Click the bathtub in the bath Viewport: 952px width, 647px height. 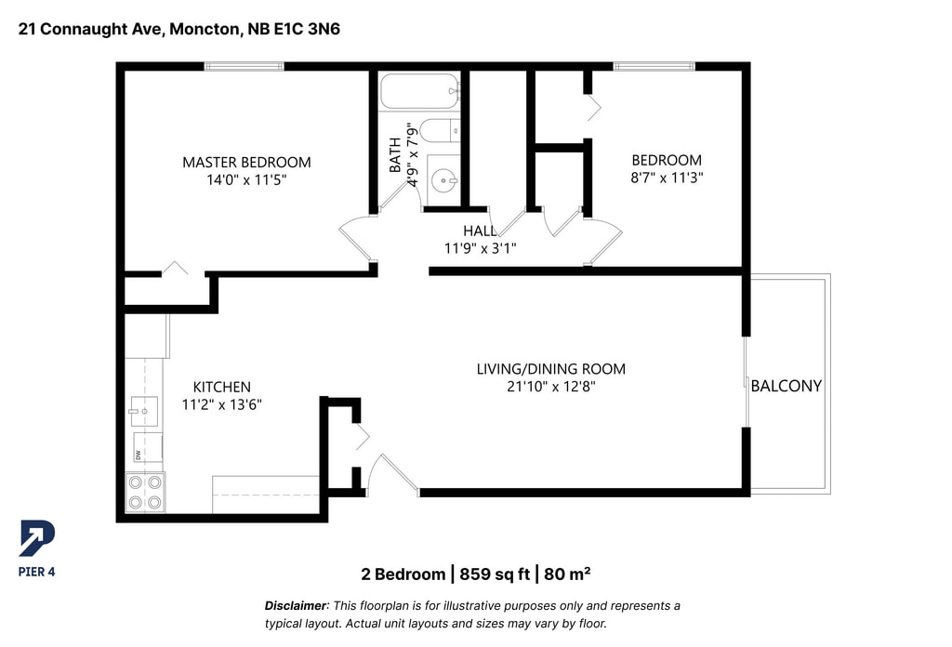point(419,91)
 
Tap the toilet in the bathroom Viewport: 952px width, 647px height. point(440,130)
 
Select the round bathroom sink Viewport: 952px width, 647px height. point(443,180)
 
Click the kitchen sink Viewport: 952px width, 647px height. point(144,412)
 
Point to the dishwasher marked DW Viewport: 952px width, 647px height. point(148,447)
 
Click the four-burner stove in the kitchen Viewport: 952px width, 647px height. point(145,493)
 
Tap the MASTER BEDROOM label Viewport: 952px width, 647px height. point(246,163)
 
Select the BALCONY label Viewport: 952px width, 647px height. point(787,386)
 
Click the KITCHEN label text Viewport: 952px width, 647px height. point(221,388)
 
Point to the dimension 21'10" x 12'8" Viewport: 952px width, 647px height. point(551,387)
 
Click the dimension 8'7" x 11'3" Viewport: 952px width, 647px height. point(667,178)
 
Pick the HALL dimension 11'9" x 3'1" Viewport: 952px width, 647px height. point(481,248)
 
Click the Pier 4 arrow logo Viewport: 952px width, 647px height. point(37,537)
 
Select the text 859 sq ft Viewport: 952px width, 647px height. point(495,574)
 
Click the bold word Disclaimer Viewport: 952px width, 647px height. point(296,606)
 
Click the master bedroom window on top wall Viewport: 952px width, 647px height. point(245,66)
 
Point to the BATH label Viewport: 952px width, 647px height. point(394,155)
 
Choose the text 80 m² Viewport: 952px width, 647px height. point(567,574)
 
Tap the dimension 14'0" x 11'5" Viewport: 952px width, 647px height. point(246,180)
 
